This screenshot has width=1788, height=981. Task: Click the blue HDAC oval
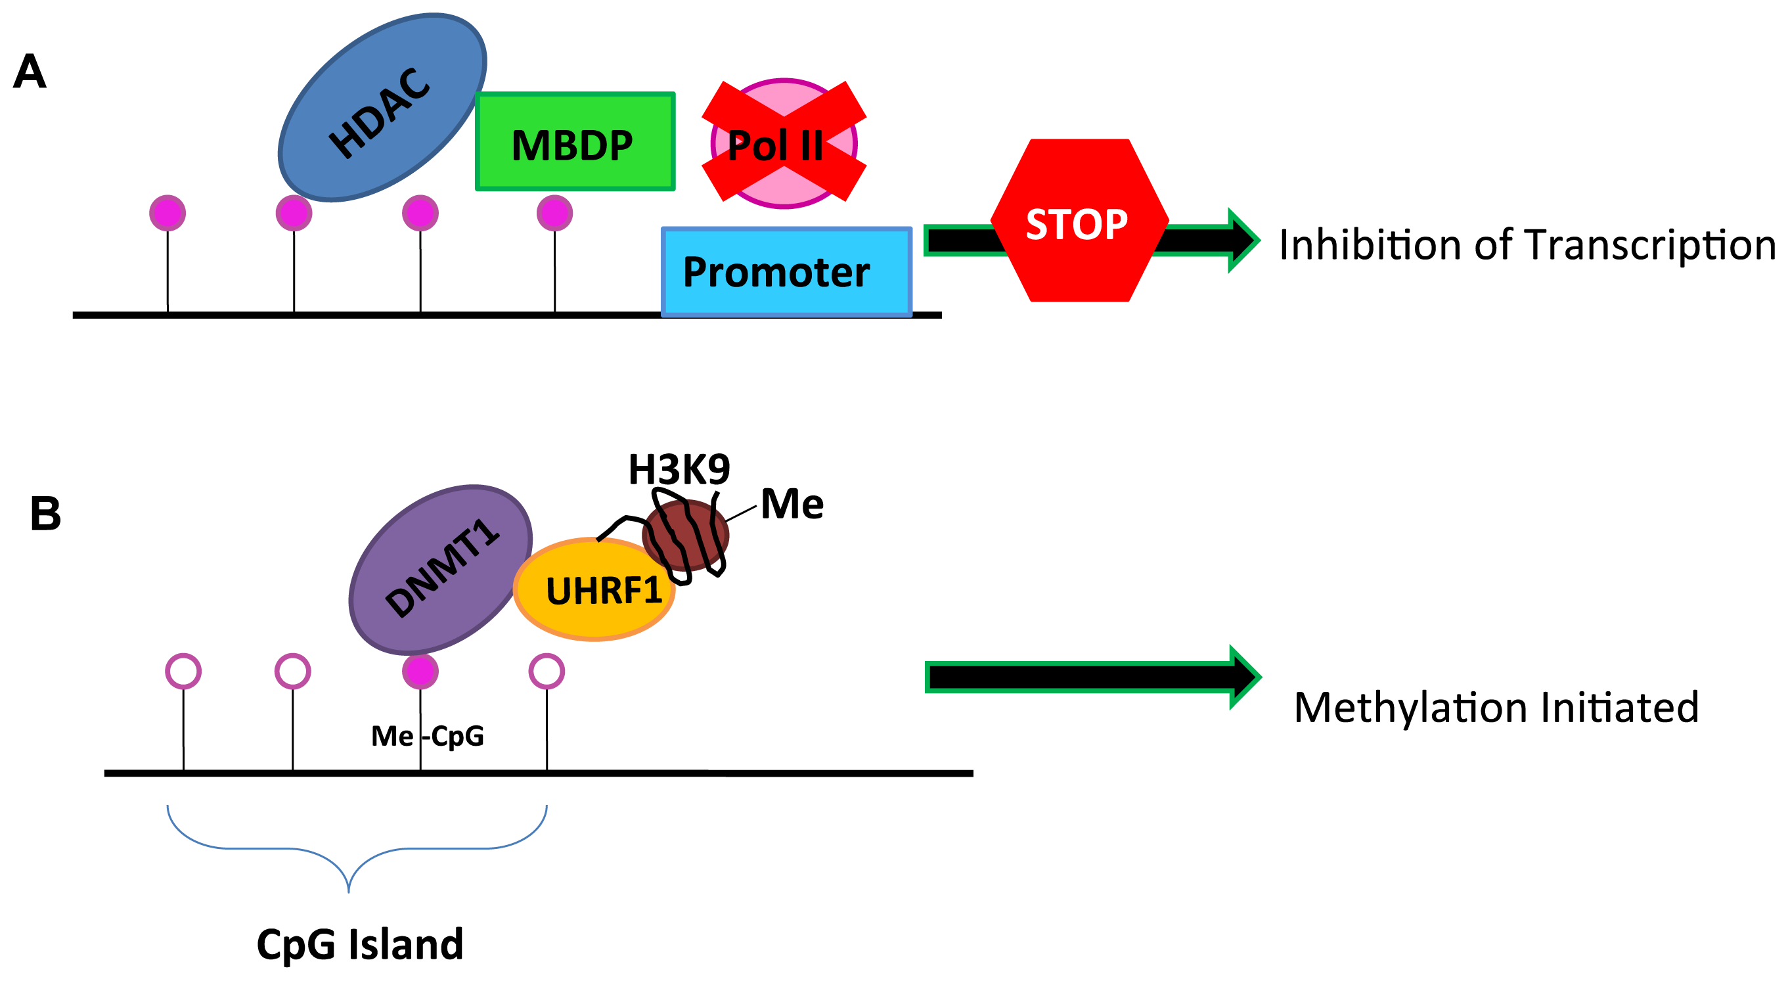(x=382, y=108)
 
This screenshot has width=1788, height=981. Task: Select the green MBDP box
(x=575, y=141)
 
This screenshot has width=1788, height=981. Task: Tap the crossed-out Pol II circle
(x=784, y=143)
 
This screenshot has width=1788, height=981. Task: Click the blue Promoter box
(x=786, y=271)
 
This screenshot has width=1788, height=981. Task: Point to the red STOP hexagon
(x=1079, y=220)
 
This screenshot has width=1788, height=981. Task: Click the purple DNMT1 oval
(x=440, y=569)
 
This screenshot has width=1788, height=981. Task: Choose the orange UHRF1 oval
(x=594, y=589)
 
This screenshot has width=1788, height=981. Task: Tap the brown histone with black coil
(x=685, y=536)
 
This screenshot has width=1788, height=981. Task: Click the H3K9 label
(x=679, y=469)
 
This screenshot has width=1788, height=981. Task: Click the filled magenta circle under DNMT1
(x=420, y=672)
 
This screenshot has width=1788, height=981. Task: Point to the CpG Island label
(x=359, y=944)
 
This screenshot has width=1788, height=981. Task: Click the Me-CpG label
(x=428, y=735)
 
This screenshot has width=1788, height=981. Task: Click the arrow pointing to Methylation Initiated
(x=1093, y=677)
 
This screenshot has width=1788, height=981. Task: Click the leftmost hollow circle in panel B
(x=183, y=672)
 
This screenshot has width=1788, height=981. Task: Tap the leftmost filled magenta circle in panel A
(x=168, y=212)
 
